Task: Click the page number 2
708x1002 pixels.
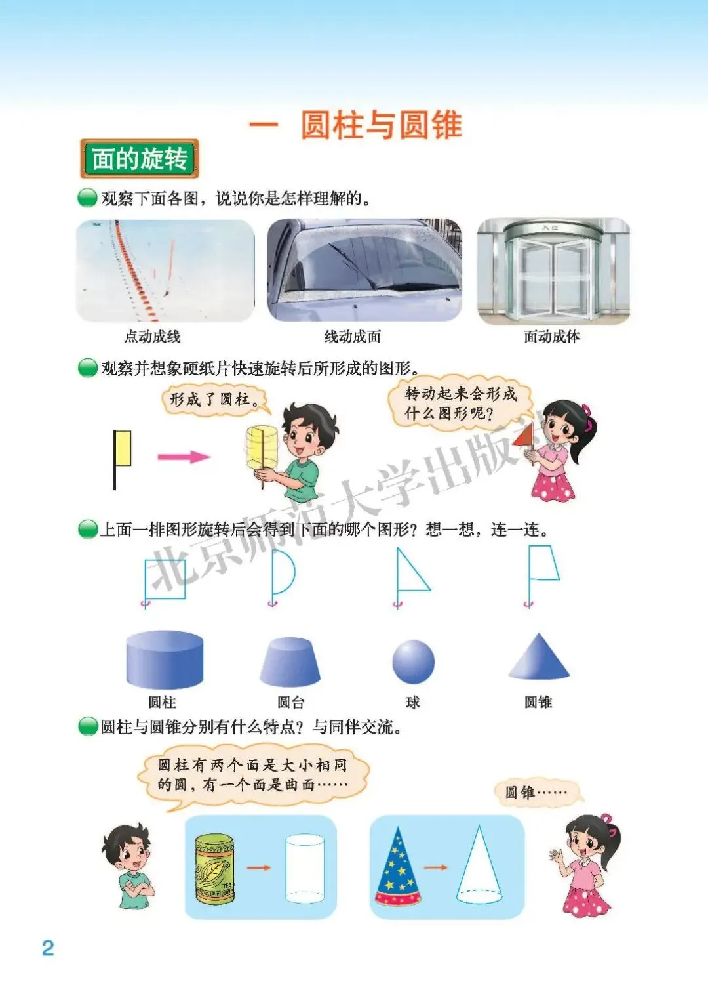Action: click(x=48, y=948)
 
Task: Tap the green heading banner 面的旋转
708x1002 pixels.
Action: click(x=140, y=159)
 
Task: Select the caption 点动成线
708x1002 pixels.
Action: click(x=152, y=337)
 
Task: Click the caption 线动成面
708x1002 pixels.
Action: click(x=353, y=337)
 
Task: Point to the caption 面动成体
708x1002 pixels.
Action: click(x=552, y=337)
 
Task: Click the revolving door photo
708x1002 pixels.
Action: click(x=554, y=270)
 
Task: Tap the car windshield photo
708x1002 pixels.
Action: click(x=364, y=270)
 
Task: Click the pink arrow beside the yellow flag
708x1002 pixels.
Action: click(x=184, y=457)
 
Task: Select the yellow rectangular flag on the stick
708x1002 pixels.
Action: click(x=123, y=448)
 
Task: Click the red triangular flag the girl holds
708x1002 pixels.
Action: click(x=524, y=436)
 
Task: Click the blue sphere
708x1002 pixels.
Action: click(x=414, y=661)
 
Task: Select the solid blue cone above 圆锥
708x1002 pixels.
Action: click(x=539, y=657)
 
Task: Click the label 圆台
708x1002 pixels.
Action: click(x=290, y=702)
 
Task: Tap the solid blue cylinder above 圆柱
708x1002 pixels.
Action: click(x=165, y=660)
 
